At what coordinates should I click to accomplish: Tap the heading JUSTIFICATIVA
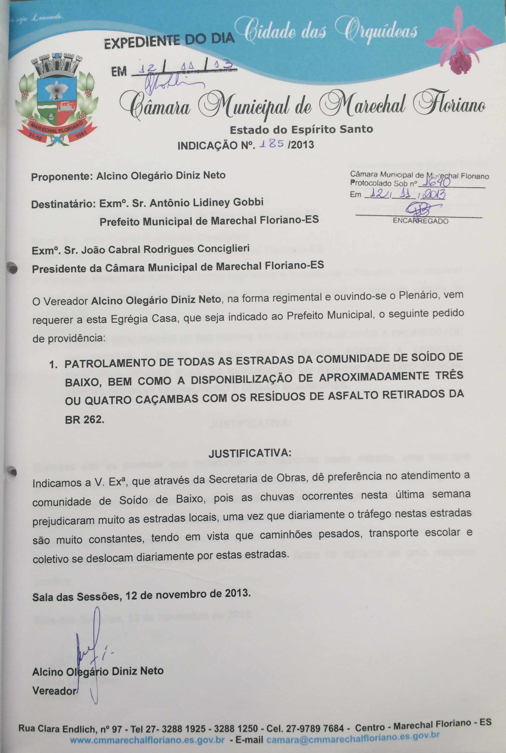[250, 454]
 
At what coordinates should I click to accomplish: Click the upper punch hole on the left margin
[12, 268]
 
